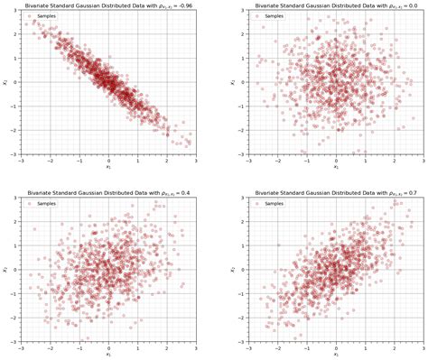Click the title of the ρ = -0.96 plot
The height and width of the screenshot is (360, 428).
[x=108, y=5]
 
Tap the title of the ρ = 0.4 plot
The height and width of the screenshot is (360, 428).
[x=108, y=192]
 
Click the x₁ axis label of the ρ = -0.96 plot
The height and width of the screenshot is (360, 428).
[x=108, y=167]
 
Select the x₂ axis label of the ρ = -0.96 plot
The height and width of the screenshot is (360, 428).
[x=5, y=82]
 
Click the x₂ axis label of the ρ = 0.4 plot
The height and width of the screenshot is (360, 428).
[x=5, y=270]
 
